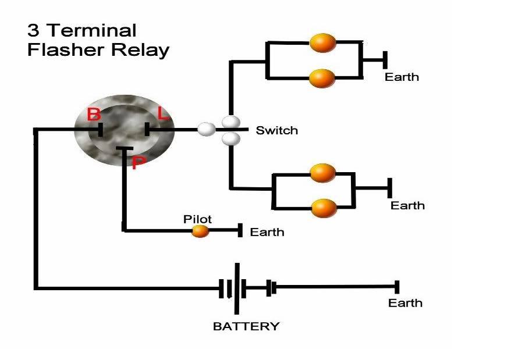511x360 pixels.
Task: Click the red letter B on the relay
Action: tap(93, 114)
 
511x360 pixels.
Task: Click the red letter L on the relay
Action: tap(164, 114)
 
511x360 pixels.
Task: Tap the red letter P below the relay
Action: tap(137, 163)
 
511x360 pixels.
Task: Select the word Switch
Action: tap(276, 130)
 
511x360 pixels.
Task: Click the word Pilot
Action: tap(197, 219)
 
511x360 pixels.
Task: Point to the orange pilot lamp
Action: tap(200, 231)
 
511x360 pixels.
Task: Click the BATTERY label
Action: tap(246, 326)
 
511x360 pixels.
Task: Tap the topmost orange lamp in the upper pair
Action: tap(322, 42)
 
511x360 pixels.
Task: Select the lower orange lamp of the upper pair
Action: tap(322, 78)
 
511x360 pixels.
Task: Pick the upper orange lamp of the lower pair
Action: tap(323, 173)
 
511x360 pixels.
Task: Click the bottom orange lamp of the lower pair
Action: tap(324, 208)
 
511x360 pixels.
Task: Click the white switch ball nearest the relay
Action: tap(206, 129)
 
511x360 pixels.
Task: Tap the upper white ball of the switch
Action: tap(230, 122)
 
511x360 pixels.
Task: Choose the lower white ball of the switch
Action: tap(230, 138)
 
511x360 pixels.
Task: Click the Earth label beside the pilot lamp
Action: tap(267, 232)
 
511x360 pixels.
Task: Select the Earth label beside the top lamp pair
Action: tap(402, 77)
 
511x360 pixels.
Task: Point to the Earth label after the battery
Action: tap(405, 303)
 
